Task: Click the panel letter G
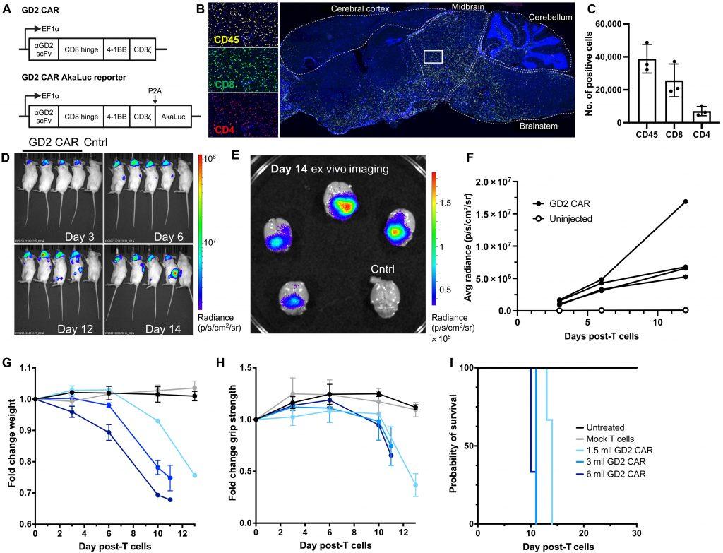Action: click(6, 363)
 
